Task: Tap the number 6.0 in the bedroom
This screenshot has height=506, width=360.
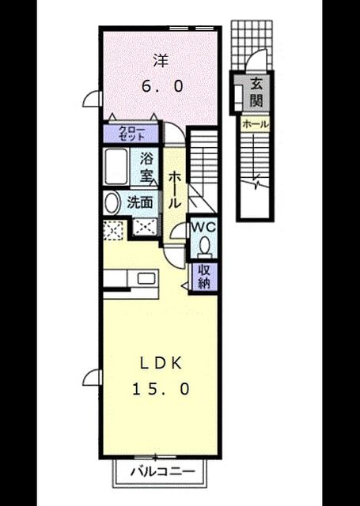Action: coord(162,86)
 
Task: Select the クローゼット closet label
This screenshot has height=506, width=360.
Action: coord(131,134)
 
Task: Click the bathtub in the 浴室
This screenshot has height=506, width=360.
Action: coord(116,167)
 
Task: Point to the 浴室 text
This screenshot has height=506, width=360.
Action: coord(147,167)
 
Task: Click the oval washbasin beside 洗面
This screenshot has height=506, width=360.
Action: coord(111,202)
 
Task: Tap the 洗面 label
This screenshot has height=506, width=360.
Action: coord(139,202)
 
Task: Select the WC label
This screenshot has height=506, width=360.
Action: coord(203,227)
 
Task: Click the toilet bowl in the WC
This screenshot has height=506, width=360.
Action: coord(204,247)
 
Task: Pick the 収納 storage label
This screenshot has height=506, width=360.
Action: coord(204,277)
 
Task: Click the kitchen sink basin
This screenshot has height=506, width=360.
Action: coord(146,278)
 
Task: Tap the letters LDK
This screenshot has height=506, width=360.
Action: coord(161,364)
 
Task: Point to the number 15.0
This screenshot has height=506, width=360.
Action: coord(161,389)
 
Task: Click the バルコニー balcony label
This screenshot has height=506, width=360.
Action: coord(163,472)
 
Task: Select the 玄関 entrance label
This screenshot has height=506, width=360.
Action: coord(256,93)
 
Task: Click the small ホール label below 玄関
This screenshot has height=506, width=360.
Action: coord(255,124)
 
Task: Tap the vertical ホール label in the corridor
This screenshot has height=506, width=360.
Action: coord(174,190)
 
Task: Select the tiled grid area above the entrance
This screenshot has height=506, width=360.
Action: coord(252,44)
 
